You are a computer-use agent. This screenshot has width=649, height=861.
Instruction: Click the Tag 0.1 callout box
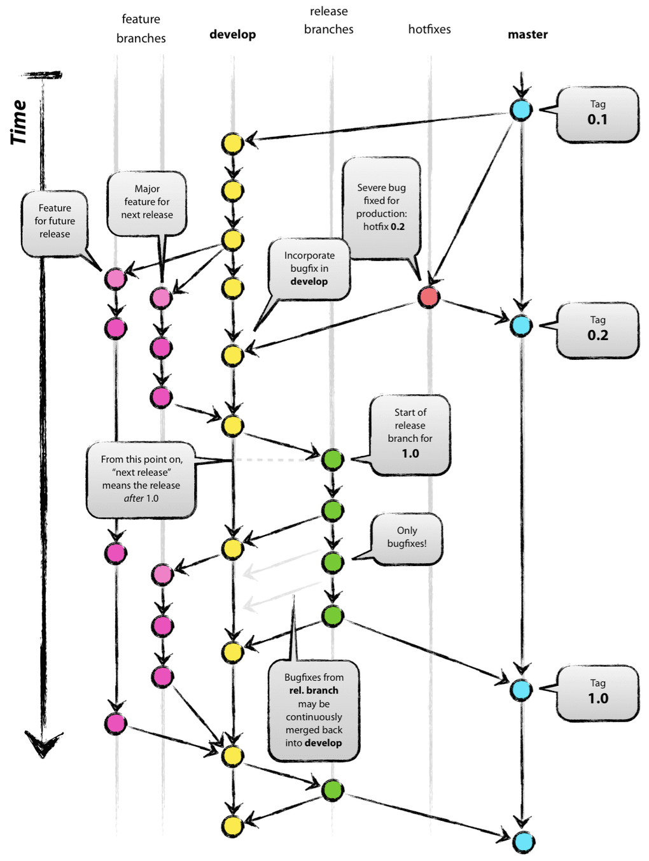click(x=597, y=114)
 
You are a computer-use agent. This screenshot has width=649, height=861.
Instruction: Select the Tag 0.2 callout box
click(x=597, y=330)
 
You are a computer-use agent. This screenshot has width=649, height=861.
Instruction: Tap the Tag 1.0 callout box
click(x=597, y=693)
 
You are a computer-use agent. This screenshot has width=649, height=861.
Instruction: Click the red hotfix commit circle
click(x=429, y=297)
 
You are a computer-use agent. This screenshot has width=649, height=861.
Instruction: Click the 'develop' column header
click(x=232, y=34)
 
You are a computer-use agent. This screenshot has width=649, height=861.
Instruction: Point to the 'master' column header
click(x=527, y=34)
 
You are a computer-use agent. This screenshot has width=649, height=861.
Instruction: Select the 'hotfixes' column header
click(x=429, y=29)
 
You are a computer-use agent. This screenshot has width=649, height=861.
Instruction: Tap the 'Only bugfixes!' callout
click(x=407, y=538)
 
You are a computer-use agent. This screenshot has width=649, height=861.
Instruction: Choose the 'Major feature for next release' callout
click(x=147, y=203)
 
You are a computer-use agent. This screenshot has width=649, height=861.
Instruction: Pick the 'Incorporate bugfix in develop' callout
click(x=309, y=268)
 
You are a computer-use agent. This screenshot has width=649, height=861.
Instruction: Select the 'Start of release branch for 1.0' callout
click(x=410, y=434)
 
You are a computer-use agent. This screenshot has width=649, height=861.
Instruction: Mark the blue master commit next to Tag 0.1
click(x=521, y=110)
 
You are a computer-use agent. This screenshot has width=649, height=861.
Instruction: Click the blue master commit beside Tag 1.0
click(x=521, y=689)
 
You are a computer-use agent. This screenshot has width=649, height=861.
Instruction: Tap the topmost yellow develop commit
click(x=232, y=143)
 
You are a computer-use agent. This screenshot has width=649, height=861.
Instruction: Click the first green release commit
click(x=332, y=459)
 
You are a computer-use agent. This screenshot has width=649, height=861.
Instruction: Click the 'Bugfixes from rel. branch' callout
click(x=314, y=710)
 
